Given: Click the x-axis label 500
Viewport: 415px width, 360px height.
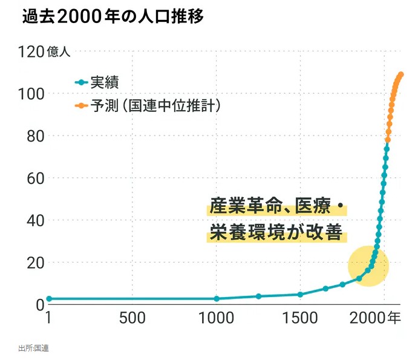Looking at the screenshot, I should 132,318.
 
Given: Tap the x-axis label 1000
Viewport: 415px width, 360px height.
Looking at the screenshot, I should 216,318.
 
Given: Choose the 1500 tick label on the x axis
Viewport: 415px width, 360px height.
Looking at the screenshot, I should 300,318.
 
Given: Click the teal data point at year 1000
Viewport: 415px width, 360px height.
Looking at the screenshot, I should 217,299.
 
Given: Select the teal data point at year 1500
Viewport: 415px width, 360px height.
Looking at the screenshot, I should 300,295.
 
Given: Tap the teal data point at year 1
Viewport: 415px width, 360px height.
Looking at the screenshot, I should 49,299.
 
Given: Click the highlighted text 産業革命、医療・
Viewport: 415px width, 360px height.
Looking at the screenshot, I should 277,206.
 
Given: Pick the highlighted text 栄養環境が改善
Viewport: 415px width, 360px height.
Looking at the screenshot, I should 276,232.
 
